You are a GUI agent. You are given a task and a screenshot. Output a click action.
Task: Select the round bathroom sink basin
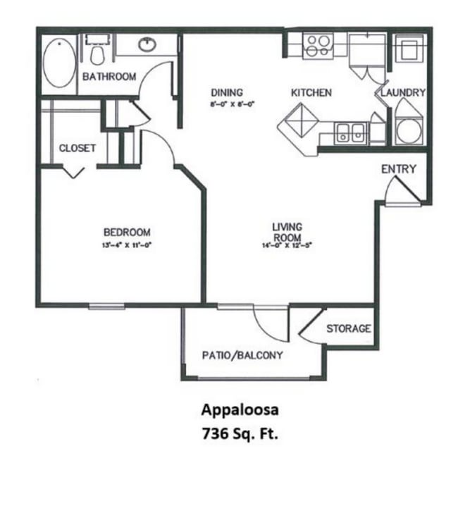pos(147,45)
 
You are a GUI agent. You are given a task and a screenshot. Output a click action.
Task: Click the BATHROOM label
pos(109,77)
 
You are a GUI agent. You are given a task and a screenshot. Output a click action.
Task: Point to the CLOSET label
pos(77,148)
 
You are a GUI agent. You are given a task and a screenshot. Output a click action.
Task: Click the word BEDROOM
pos(127,233)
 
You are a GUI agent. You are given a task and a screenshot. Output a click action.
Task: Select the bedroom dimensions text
pos(127,245)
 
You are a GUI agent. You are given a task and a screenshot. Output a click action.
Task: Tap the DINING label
pos(227,92)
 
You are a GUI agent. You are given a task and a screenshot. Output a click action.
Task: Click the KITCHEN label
pos(311,92)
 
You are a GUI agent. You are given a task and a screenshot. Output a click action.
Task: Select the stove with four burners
pos(318,46)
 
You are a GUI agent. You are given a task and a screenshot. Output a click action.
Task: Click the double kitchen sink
pos(350,132)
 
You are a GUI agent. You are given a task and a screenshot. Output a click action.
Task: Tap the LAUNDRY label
pos(403,92)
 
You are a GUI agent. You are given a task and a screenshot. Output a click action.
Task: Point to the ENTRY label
pos(398,169)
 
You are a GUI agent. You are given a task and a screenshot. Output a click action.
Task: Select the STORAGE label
pos(348,329)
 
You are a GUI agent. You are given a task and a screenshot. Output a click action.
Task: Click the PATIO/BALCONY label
pos(242,355)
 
